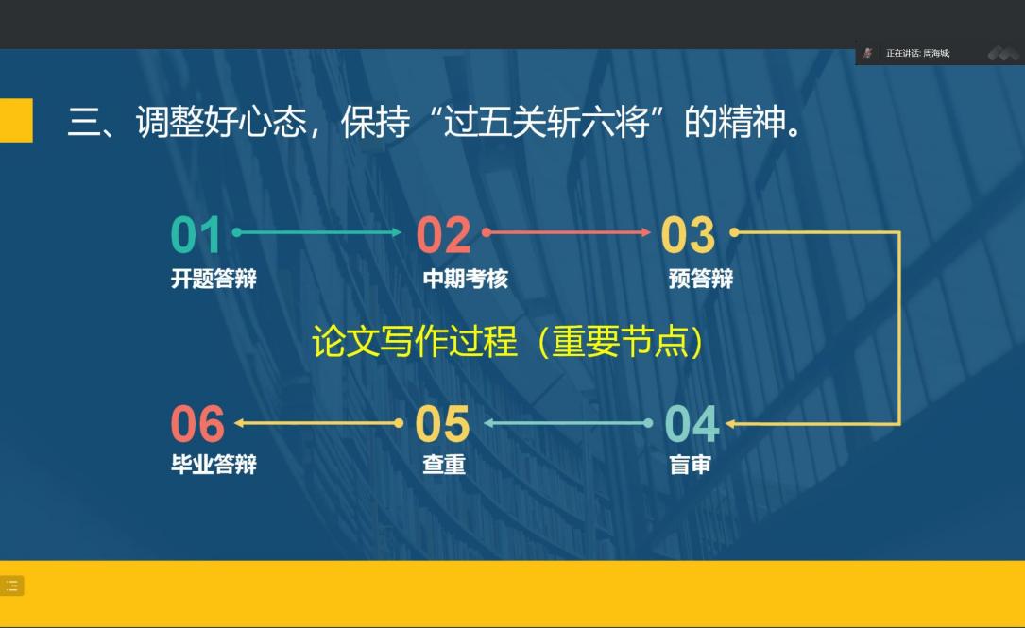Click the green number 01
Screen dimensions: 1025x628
click(x=196, y=234)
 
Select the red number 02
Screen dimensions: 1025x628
click(x=444, y=234)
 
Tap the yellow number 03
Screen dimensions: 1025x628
click(x=689, y=234)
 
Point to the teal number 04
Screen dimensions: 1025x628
click(x=692, y=423)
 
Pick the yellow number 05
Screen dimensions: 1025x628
click(x=442, y=423)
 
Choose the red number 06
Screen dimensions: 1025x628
click(x=197, y=423)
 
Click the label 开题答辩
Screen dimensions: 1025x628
click(x=214, y=279)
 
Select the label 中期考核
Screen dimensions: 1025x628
click(x=466, y=279)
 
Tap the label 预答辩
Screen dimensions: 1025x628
click(x=701, y=279)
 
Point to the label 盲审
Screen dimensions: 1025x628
click(x=690, y=465)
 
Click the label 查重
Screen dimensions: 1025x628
click(x=444, y=465)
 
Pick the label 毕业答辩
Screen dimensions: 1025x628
click(x=214, y=465)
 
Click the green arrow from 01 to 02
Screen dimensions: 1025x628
click(x=317, y=232)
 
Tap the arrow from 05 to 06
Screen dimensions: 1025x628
click(x=318, y=423)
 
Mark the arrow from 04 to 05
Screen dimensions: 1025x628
click(x=568, y=423)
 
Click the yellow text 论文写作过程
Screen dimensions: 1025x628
click(x=415, y=341)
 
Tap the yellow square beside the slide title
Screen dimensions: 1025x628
click(x=16, y=120)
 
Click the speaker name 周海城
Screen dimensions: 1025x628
click(x=936, y=53)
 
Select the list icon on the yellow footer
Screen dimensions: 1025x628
click(x=11, y=586)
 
